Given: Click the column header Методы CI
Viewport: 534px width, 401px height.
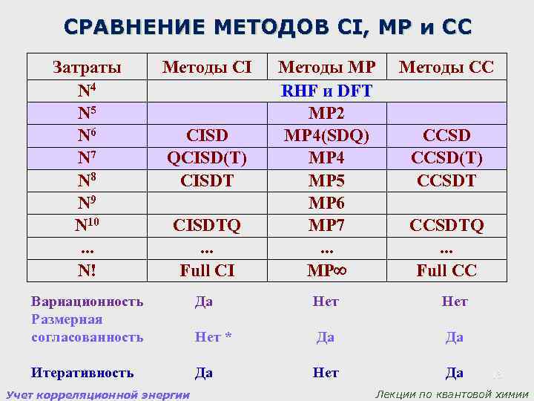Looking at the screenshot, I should coord(207,69).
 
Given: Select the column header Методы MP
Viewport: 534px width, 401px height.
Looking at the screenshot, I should coord(327,69).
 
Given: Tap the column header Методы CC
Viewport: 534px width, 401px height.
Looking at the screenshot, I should coord(446,69).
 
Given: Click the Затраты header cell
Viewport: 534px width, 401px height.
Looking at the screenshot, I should coord(88,69).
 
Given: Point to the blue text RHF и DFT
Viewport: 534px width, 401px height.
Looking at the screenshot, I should coord(327,91).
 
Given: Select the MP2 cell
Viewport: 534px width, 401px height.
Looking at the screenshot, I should coord(327,114).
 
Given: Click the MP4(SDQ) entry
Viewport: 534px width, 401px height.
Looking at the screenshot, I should coord(327,137).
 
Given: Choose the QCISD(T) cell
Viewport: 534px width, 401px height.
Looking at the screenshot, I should coord(207,159).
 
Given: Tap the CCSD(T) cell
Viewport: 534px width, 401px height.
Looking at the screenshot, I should coord(446,159).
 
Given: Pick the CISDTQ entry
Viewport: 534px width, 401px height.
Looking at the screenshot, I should coord(207,225).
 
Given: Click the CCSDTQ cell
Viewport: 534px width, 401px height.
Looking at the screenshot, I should coord(446,225).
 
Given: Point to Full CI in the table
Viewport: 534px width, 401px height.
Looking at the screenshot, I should coord(207,270).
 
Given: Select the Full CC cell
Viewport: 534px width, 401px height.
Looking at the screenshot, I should coord(446,270).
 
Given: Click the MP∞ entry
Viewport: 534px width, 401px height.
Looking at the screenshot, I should coord(327,270).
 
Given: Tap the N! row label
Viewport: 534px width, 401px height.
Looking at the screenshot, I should coord(88,270).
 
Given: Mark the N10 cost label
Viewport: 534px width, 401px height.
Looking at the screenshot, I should coord(88,225).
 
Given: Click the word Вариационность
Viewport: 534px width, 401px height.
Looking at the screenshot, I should coord(88,301).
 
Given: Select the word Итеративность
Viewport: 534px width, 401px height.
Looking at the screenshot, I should coord(82,373).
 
